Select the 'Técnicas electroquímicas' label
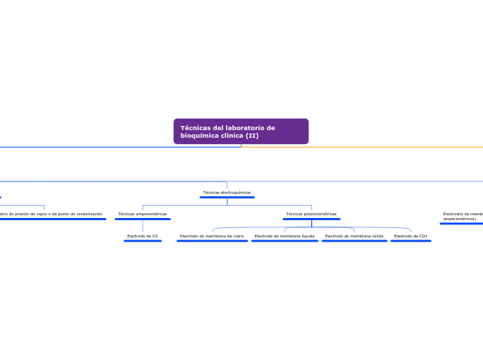(227, 192)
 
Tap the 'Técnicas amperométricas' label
(143, 214)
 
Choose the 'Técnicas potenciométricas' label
(311, 214)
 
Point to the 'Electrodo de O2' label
(142, 236)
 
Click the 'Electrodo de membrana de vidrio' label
(211, 236)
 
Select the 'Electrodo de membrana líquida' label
(284, 236)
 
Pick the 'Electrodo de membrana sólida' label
(354, 236)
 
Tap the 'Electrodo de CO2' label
(410, 236)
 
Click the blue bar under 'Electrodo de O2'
(143, 241)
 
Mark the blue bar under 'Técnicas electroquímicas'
(227, 197)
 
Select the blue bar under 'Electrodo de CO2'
(410, 241)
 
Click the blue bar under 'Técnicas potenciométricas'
(311, 219)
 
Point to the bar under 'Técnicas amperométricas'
(143, 219)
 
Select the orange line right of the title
(360, 147)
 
